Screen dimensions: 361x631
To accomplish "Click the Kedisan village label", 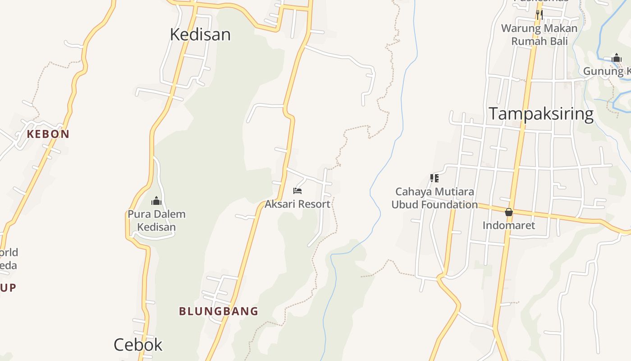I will (x=200, y=35).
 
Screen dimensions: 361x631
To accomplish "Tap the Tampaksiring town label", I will (x=541, y=114).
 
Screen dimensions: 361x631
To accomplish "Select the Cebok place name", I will (x=138, y=345).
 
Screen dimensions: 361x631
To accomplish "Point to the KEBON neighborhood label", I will (x=48, y=134).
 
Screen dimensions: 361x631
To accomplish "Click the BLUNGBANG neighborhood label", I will (x=219, y=311).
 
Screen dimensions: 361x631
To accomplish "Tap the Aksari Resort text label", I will (x=297, y=204).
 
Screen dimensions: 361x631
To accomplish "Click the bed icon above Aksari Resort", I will (x=297, y=191).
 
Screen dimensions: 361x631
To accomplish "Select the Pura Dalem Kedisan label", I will (x=156, y=220).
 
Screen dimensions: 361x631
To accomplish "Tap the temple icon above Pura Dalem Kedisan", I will (x=156, y=201).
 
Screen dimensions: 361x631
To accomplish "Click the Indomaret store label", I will (x=509, y=225).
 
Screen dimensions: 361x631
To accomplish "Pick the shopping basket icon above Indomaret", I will (x=509, y=212).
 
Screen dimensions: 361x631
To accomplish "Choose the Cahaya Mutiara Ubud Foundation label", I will (x=434, y=198).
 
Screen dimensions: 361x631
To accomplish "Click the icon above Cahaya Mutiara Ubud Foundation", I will (x=434, y=178).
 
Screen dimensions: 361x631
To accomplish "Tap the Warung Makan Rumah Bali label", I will (x=539, y=35).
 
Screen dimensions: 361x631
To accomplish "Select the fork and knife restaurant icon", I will (x=539, y=14).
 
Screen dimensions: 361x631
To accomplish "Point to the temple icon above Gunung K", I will (x=617, y=58).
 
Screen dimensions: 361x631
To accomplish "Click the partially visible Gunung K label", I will (x=607, y=71).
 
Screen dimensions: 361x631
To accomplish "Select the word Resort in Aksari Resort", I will (x=314, y=204).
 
